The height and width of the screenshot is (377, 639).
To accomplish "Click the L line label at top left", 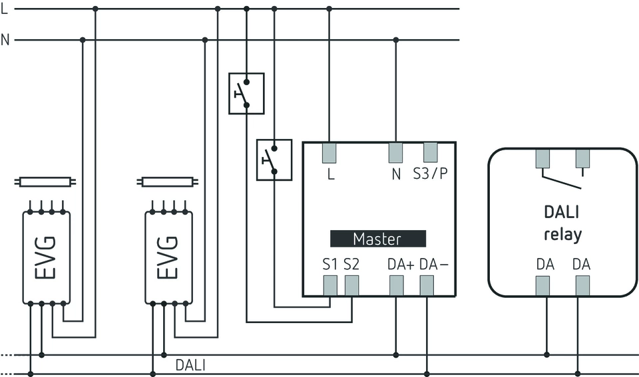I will [x=5, y=9].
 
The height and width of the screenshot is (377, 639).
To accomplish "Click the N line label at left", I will [x=5, y=40].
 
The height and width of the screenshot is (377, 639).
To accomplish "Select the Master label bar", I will [x=377, y=239].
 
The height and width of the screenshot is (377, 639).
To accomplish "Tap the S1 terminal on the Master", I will [x=330, y=285].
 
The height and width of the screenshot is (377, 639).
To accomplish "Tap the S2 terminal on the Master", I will [x=351, y=285].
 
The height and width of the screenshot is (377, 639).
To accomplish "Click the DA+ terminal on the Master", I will [x=396, y=285].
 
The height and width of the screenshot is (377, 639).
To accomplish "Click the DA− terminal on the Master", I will [x=427, y=285].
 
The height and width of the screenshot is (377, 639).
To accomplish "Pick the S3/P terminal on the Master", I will [x=430, y=152].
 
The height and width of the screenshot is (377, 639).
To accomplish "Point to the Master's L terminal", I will [x=329, y=152].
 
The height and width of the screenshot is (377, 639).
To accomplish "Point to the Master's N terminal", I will [x=396, y=152].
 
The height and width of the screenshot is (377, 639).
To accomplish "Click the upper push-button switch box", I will [x=246, y=94].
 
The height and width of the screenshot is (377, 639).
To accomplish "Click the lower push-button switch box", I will [x=274, y=160].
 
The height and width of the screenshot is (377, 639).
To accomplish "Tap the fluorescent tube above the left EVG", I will [x=46, y=181].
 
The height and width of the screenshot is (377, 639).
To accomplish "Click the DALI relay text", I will [x=562, y=223].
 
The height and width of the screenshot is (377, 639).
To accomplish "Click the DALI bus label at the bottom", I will [x=190, y=364].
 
